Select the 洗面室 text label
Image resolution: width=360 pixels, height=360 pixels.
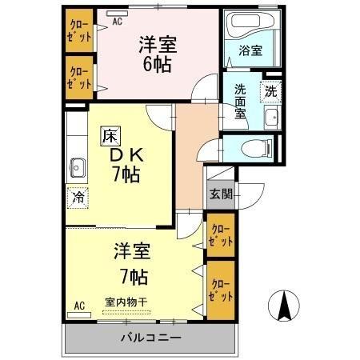click(240, 101)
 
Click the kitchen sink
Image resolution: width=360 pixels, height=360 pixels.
click(78, 168)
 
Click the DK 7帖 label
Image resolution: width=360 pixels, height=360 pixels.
click(125, 164)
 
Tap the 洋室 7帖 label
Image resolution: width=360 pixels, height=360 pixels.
click(131, 267)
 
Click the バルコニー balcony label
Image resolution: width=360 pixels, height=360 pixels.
click(150, 337)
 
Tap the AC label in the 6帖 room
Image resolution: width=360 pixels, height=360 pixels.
click(117, 22)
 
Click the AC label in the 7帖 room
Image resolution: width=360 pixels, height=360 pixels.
click(79, 305)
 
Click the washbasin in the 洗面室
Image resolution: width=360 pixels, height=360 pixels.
click(270, 119)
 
